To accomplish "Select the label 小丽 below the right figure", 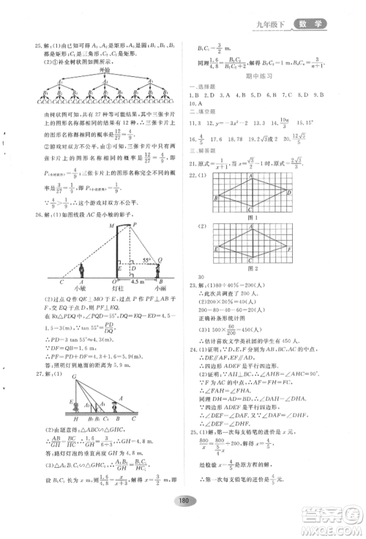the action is coord(160,288).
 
